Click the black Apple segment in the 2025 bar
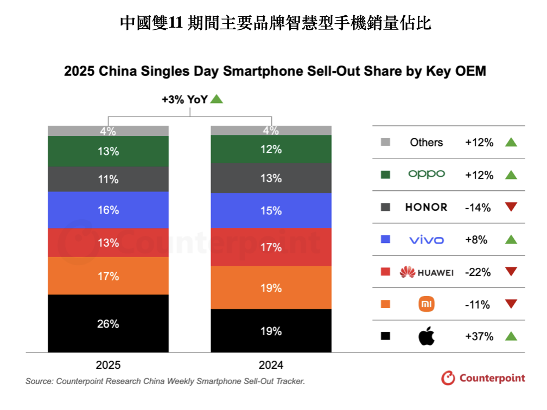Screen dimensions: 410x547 coord(108,323)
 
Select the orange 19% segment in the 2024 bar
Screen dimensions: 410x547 coord(271,287)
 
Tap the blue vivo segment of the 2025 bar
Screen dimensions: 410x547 coord(108,210)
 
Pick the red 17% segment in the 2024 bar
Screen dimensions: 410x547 coord(271,247)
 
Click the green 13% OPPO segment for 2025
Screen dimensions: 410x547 coord(108,151)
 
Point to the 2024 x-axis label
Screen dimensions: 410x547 coord(271,365)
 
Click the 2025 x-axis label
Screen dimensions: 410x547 coord(108,365)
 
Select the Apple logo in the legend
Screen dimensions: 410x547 coord(426,336)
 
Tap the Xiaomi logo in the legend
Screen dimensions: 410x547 coord(427,304)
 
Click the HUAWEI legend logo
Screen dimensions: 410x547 coord(426,272)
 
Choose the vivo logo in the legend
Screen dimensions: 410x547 coord(426,240)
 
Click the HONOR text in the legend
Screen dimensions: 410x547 coord(426,207)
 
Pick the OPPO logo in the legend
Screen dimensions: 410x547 coord(426,174)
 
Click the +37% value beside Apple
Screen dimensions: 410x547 coord(479,336)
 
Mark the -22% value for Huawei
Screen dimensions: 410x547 coord(478,272)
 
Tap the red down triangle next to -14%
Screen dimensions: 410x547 coord(511,207)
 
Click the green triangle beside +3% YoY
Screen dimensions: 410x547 coord(217,99)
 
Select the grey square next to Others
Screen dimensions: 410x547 coord(385,142)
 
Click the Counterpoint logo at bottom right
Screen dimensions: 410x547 coord(483,378)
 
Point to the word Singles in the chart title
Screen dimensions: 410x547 coord(195,71)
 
